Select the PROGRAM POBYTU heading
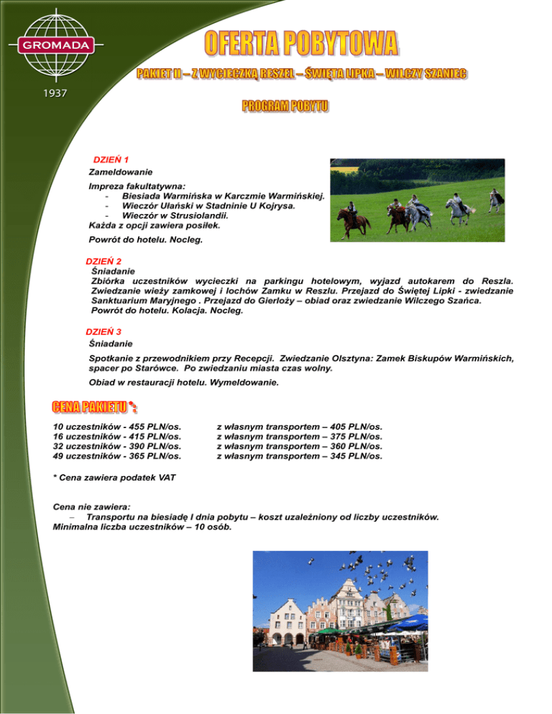click(x=285, y=106)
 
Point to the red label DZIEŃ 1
click(x=111, y=159)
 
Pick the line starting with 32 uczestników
click(x=117, y=446)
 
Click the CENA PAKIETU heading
click(x=89, y=409)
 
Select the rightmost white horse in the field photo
click(x=495, y=199)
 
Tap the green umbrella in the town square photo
click(x=331, y=632)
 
